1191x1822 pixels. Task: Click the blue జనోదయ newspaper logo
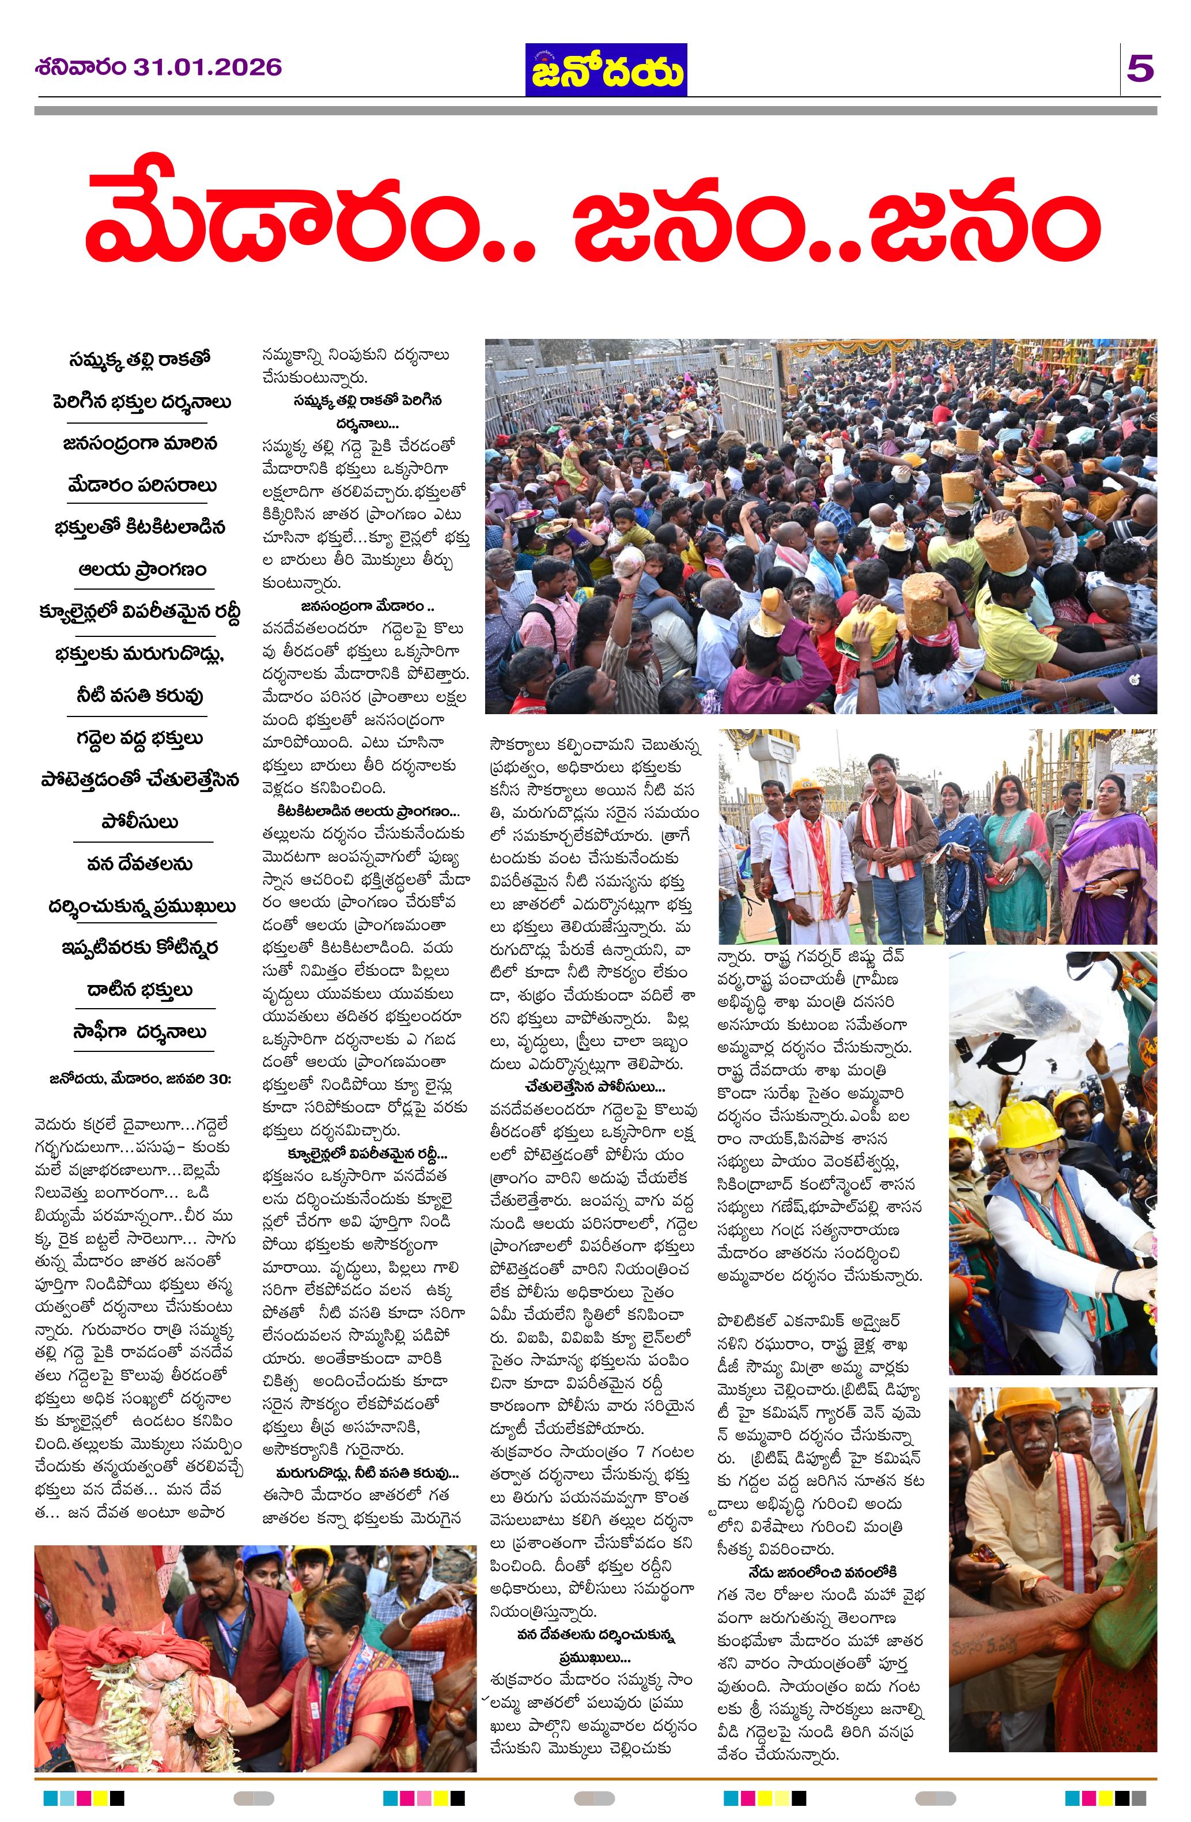coord(606,70)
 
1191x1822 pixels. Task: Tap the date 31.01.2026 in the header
coord(207,67)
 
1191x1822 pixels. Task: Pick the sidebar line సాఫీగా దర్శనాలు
coord(139,1032)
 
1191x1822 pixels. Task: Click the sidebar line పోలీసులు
coord(139,822)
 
